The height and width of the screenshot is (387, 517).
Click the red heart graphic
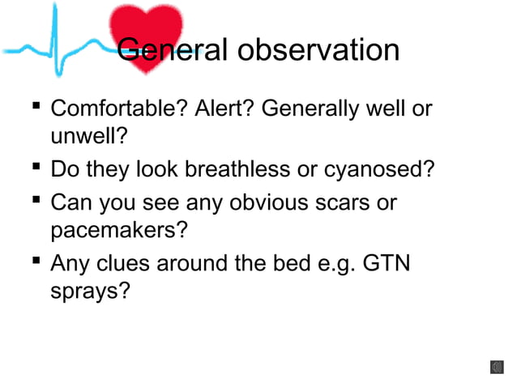pos(147,32)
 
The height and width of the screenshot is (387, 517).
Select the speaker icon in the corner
pos(496,368)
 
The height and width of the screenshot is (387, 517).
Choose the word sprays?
pos(89,291)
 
